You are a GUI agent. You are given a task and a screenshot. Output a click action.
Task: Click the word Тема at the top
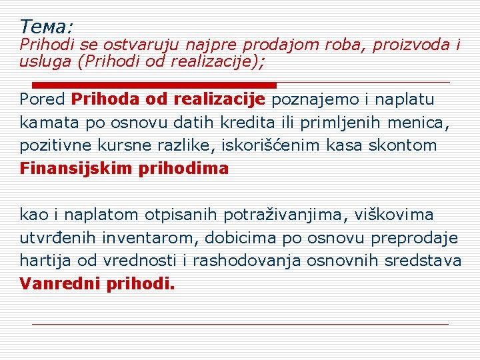[44, 27]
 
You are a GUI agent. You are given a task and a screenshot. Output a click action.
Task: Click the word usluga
[41, 61]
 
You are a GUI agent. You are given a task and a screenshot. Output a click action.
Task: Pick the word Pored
[42, 100]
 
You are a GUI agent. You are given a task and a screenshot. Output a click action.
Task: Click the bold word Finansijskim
[76, 168]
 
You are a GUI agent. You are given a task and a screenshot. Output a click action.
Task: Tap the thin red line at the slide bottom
[240, 324]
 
